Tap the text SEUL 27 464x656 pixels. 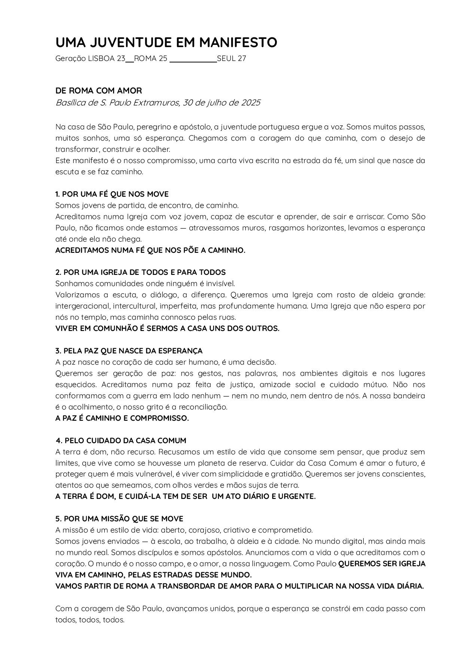232,58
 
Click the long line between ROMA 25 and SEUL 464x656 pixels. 193,61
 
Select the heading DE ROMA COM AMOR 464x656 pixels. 99,91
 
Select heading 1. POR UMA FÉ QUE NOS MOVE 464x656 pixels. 112,194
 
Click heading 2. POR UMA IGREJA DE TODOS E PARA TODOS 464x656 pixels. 140,272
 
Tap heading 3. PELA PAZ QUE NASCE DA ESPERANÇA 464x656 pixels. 129,351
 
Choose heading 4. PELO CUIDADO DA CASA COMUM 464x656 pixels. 121,441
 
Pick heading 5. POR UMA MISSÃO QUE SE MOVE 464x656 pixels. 119,519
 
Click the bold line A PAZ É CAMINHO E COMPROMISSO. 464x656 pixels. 122,418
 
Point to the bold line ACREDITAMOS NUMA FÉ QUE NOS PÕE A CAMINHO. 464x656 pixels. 150,250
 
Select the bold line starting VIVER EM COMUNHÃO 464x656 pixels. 167,328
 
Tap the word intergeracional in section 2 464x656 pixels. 82,306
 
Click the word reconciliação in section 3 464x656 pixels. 205,407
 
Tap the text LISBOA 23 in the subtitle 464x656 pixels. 106,58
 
